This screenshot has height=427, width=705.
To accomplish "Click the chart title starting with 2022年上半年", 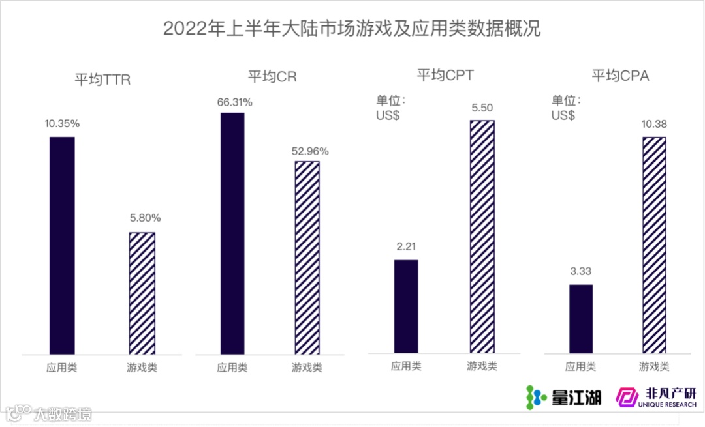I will [352, 29].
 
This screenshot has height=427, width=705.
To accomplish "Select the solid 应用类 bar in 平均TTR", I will [62, 245].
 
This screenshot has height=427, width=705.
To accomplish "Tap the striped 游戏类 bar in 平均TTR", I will [142, 293].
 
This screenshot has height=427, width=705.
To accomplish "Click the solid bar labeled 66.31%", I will [232, 233].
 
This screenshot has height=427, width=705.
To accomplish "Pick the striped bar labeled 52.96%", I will [307, 258].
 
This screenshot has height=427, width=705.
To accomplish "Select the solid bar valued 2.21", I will [406, 306].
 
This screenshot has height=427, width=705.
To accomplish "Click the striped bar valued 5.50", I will [482, 237].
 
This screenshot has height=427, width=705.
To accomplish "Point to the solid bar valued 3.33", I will [580, 319].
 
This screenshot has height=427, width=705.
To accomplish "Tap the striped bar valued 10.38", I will [654, 245].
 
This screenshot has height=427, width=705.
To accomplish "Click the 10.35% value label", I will [62, 123].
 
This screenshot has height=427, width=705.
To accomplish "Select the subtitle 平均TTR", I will [102, 80].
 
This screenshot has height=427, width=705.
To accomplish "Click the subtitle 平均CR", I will [272, 76].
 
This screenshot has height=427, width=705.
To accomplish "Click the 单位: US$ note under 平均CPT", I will [390, 108].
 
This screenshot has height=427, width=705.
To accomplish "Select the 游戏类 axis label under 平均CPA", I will [654, 366].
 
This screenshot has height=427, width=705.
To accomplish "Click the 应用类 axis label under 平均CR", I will [232, 368].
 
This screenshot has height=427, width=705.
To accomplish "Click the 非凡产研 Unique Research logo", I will [657, 396].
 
